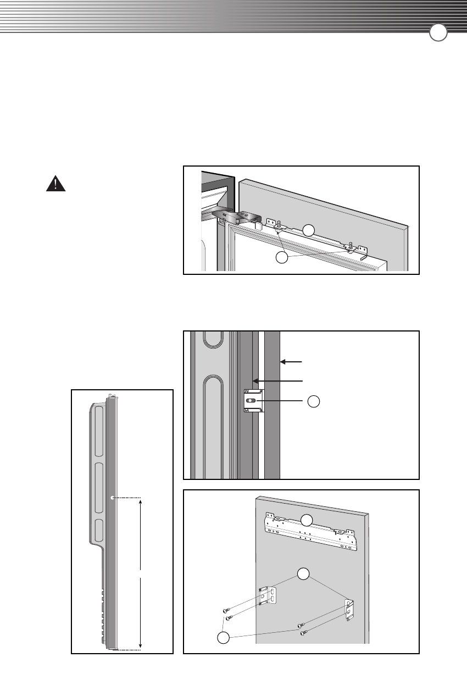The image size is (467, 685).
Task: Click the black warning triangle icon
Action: point(55,184)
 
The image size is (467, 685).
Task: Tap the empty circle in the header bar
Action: point(438,34)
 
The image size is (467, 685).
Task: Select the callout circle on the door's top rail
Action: point(309,230)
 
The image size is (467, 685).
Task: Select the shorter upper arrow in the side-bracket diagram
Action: point(292,361)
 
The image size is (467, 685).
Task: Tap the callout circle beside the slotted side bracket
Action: point(313,401)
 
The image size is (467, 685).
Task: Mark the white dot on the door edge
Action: point(112,498)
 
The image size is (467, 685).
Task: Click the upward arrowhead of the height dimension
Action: point(141,501)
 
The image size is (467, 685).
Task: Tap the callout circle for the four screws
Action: point(223,638)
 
